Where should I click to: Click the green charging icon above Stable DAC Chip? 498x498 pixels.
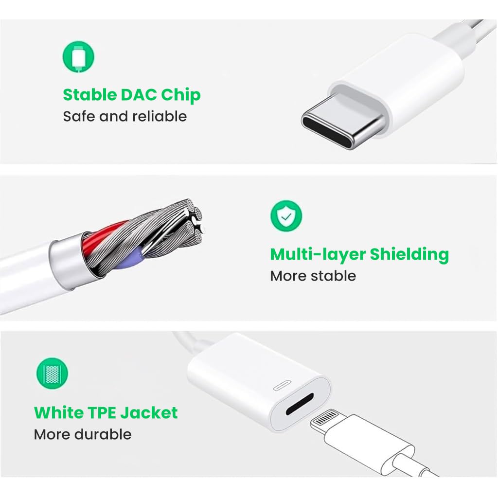(x=78, y=56)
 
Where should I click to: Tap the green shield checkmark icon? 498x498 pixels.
(x=286, y=215)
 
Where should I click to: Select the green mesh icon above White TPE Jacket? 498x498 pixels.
(x=52, y=373)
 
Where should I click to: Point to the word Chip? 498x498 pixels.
(x=180, y=95)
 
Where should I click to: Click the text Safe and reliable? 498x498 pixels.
(x=124, y=117)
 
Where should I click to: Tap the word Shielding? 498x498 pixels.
(x=409, y=254)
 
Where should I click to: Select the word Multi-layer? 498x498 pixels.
(x=318, y=254)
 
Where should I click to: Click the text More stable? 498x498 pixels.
(x=313, y=276)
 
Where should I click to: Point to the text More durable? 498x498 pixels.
(x=83, y=434)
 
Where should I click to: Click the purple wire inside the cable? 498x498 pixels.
(x=139, y=252)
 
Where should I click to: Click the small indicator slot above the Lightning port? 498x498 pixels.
(x=285, y=386)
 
